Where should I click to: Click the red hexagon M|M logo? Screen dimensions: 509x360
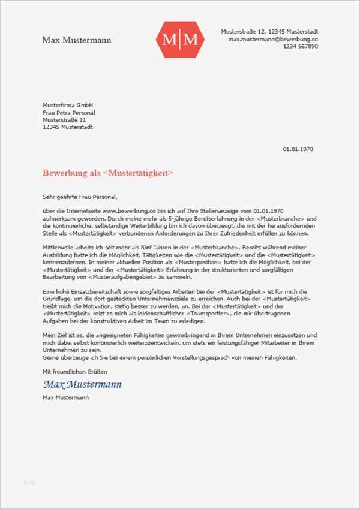[x=180, y=40]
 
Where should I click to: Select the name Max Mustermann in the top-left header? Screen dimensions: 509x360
[x=77, y=40]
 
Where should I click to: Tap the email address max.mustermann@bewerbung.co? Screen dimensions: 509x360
[x=272, y=39]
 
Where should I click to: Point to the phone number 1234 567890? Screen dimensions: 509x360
[x=300, y=47]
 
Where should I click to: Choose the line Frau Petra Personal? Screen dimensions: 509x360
[x=69, y=113]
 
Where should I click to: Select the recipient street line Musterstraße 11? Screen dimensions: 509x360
[x=64, y=120]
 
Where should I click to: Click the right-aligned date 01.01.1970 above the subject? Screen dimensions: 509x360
[x=298, y=149]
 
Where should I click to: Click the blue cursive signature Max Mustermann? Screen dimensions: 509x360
[x=82, y=384]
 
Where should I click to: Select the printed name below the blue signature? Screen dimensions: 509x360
[x=65, y=397]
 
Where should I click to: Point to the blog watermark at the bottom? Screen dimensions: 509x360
[x=30, y=481]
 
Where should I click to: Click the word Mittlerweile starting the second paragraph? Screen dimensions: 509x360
[x=59, y=248]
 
